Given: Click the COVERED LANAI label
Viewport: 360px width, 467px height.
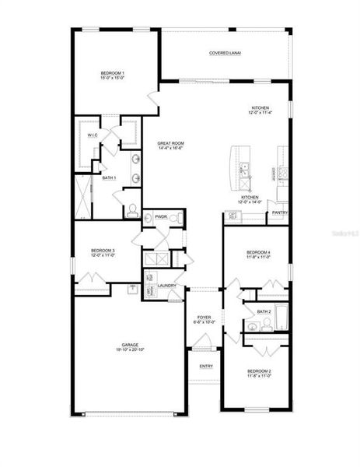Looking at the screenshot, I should click(225, 53).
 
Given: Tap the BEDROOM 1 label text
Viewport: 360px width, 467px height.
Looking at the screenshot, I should click(113, 74).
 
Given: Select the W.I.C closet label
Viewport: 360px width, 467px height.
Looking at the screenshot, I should click(92, 135).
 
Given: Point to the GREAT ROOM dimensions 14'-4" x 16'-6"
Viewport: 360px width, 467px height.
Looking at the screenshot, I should click(170, 149).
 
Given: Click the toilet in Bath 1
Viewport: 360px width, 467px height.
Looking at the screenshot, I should click(132, 209).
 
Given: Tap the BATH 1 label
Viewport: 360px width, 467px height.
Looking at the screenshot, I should click(109, 177).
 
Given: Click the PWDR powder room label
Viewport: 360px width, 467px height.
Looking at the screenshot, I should click(161, 216).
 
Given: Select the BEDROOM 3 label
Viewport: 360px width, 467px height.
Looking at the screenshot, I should click(103, 251).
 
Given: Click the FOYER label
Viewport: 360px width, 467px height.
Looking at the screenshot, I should click(204, 317).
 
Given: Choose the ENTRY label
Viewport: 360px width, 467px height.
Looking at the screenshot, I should click(206, 366).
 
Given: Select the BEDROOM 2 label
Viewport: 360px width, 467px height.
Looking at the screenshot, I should click(259, 371).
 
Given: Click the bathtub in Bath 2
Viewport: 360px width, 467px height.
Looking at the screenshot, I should click(281, 317).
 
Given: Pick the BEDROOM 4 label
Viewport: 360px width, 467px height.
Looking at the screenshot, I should click(259, 252).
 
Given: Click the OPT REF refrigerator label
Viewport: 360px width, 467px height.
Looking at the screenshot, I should click(232, 216).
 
